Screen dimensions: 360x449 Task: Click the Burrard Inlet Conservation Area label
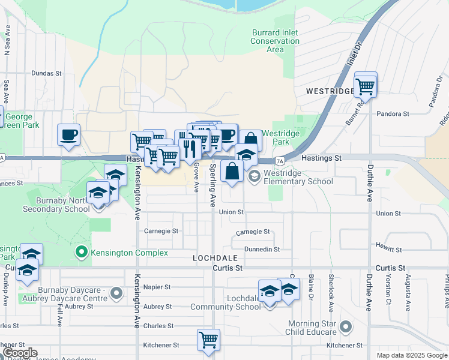(x=275, y=41)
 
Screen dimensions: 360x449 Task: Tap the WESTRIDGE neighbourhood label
(x=331, y=92)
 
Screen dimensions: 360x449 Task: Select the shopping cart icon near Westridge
(x=365, y=86)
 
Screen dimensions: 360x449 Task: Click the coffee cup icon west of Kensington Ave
(x=69, y=134)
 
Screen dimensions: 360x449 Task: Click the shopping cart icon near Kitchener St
(x=208, y=340)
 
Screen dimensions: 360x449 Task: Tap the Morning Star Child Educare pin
(x=345, y=327)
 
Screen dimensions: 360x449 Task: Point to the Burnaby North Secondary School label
(x=51, y=205)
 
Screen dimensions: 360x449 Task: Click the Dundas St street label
(x=47, y=74)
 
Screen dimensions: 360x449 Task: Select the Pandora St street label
(x=393, y=113)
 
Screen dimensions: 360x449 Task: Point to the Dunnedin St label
(x=262, y=249)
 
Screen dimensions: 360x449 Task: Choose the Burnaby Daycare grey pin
(x=117, y=294)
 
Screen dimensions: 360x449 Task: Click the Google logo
(x=19, y=353)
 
